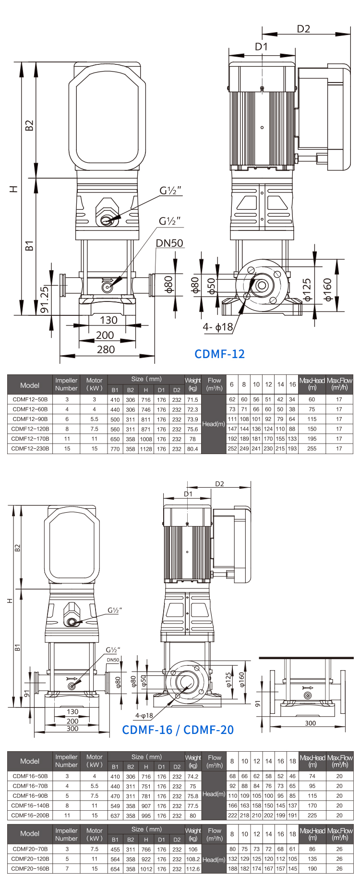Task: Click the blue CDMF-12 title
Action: pos(219,354)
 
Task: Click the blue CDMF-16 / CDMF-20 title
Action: pos(178,730)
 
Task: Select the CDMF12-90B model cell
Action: pos(30,419)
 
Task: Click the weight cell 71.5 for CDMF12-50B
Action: pos(192,400)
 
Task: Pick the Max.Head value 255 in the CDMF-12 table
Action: pos(312,449)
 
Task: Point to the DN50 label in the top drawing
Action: pos(169,243)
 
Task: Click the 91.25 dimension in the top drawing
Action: pos(44,300)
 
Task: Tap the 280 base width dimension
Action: pos(106,349)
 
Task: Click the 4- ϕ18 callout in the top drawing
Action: pos(217,327)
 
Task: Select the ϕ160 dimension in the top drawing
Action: pos(328,289)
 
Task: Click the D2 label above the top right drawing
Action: pos(303,29)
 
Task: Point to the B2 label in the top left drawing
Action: pos(29,125)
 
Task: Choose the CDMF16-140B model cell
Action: pos(30,805)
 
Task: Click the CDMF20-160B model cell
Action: pos(30,868)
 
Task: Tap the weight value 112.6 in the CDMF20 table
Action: pos(192,869)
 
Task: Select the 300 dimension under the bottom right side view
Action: pos(311,723)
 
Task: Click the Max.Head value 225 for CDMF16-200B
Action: pos(312,815)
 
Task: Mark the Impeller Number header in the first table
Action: pos(66,384)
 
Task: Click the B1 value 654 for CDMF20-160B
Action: pos(115,869)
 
